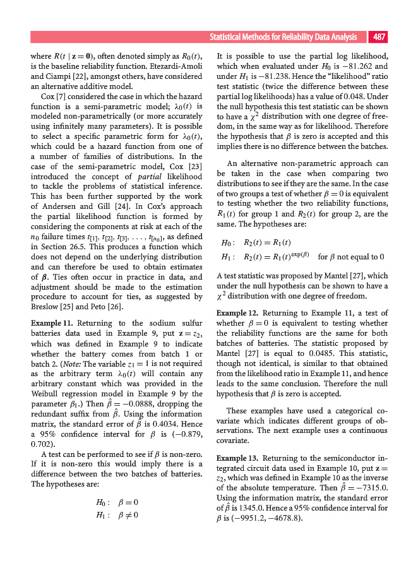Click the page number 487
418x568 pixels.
(379, 37)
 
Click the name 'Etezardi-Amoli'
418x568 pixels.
(174, 66)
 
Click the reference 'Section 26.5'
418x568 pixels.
(62, 246)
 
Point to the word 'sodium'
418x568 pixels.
(155, 322)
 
